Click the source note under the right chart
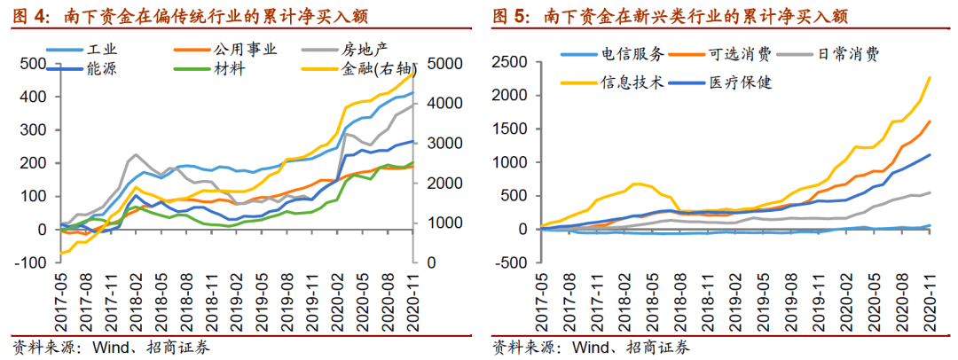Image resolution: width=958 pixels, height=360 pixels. (590, 347)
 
